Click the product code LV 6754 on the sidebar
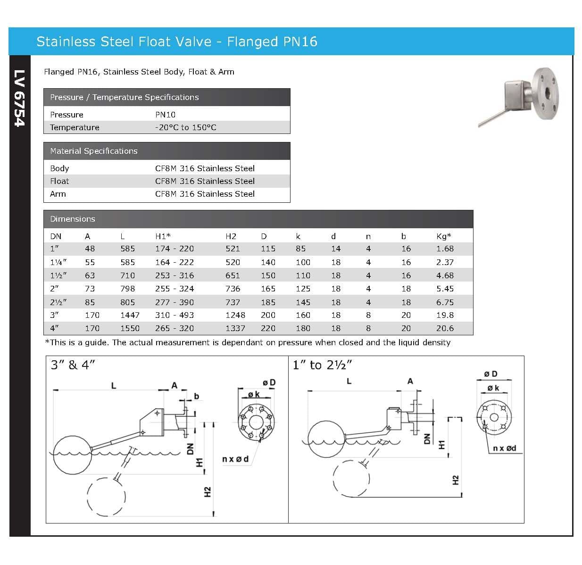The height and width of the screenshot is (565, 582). point(19,98)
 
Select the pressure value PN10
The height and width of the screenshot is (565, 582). point(165,115)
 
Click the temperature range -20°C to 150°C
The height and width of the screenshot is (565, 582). point(185,127)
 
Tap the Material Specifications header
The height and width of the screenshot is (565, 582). point(94,151)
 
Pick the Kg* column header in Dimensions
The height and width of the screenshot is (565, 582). point(443,236)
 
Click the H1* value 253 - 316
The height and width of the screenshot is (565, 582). point(175,275)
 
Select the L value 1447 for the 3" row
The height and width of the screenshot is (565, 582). point(130,315)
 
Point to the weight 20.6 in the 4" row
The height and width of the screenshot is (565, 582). point(445,328)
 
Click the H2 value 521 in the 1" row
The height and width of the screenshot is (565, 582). point(233,249)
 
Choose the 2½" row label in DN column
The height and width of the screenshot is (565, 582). point(58,302)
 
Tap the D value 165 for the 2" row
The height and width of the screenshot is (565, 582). point(268,289)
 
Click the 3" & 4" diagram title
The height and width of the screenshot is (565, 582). point(73,365)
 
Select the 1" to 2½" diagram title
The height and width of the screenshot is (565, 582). point(323,365)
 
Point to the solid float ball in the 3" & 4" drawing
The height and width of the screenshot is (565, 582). point(71,455)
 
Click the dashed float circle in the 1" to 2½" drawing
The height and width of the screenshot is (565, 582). point(351,478)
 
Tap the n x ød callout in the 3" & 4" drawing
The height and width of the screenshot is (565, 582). point(235,459)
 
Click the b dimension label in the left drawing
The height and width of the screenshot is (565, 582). point(197,396)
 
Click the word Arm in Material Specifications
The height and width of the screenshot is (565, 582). point(58,194)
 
